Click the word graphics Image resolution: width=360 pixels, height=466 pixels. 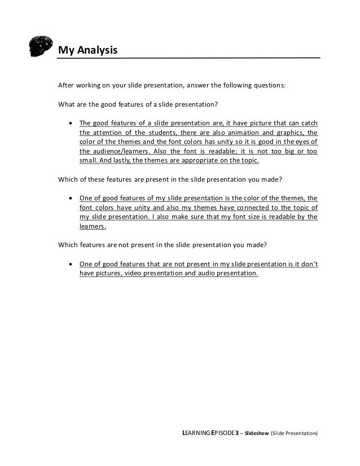[x=288, y=133]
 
